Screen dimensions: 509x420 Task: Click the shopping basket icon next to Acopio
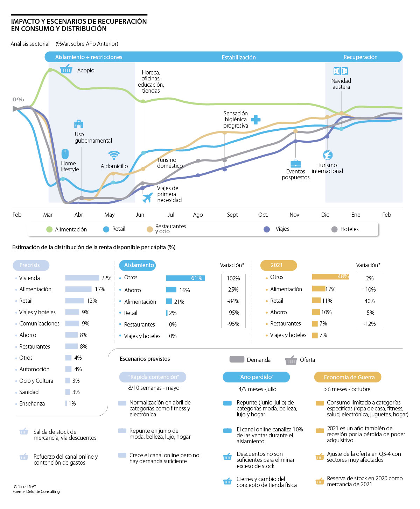[66, 69]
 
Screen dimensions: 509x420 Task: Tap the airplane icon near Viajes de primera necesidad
[147, 198]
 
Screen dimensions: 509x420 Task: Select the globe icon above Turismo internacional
[328, 155]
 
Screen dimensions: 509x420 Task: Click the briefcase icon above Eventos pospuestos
[295, 163]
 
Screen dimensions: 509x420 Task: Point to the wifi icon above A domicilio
[114, 155]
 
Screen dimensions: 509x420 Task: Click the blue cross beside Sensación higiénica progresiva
[256, 120]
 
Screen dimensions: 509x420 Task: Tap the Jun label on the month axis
[140, 215]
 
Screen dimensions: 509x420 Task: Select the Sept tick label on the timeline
[232, 215]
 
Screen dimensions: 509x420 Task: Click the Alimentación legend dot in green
[49, 229]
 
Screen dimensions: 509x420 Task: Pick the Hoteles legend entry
[349, 229]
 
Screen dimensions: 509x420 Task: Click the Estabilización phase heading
[239, 57]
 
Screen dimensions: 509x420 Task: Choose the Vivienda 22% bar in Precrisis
[82, 278]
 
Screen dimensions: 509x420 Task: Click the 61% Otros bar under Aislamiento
[185, 278]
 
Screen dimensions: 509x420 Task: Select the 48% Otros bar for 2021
[330, 277]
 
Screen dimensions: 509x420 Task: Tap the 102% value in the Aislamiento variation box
[233, 279]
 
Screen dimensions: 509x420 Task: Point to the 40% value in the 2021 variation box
[370, 301]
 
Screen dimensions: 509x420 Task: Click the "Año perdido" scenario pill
[256, 377]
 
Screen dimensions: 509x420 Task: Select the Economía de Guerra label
[349, 377]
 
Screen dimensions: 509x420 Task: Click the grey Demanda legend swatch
[237, 359]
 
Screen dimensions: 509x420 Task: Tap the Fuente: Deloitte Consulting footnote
[36, 492]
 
